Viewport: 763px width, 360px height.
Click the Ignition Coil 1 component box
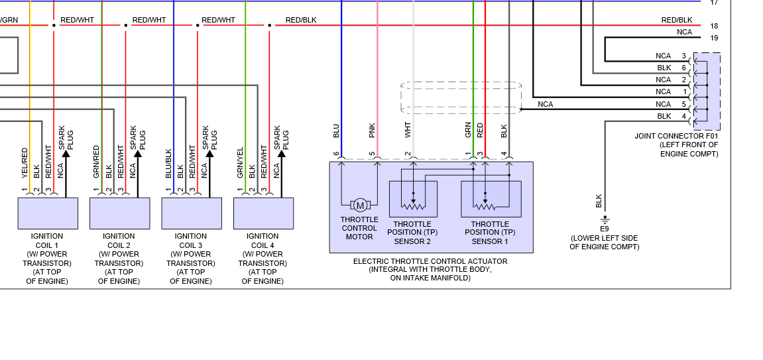pyautogui.click(x=47, y=213)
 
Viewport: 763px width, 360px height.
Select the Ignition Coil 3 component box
pyautogui.click(x=192, y=213)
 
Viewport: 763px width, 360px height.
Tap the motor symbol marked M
pyautogui.click(x=360, y=205)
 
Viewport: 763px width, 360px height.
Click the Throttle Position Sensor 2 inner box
pyautogui.click(x=412, y=198)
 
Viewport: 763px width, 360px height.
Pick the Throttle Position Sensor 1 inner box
pyautogui.click(x=491, y=198)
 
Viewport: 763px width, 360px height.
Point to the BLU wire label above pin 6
pyautogui.click(x=336, y=130)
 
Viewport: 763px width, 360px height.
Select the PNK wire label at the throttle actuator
pyautogui.click(x=372, y=130)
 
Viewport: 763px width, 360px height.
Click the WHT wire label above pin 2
pyautogui.click(x=408, y=130)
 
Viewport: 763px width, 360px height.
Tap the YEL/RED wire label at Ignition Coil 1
pyautogui.click(x=25, y=163)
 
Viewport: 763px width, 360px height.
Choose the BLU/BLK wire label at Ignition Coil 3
pyautogui.click(x=168, y=163)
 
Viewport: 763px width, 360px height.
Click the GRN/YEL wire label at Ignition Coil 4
pyautogui.click(x=240, y=163)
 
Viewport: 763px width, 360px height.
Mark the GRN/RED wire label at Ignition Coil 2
pyautogui.click(x=96, y=163)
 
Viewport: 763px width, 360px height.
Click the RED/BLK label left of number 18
pyautogui.click(x=676, y=21)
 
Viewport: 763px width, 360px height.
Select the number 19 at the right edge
pyautogui.click(x=714, y=38)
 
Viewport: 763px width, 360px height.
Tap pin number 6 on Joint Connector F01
pyautogui.click(x=683, y=68)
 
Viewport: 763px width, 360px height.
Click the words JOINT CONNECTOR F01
pyautogui.click(x=676, y=137)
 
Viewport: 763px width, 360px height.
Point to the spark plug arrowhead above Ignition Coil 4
pyautogui.click(x=281, y=154)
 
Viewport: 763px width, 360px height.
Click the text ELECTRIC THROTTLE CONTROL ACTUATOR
pyautogui.click(x=430, y=262)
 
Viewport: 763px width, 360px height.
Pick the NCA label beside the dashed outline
pyautogui.click(x=545, y=104)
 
